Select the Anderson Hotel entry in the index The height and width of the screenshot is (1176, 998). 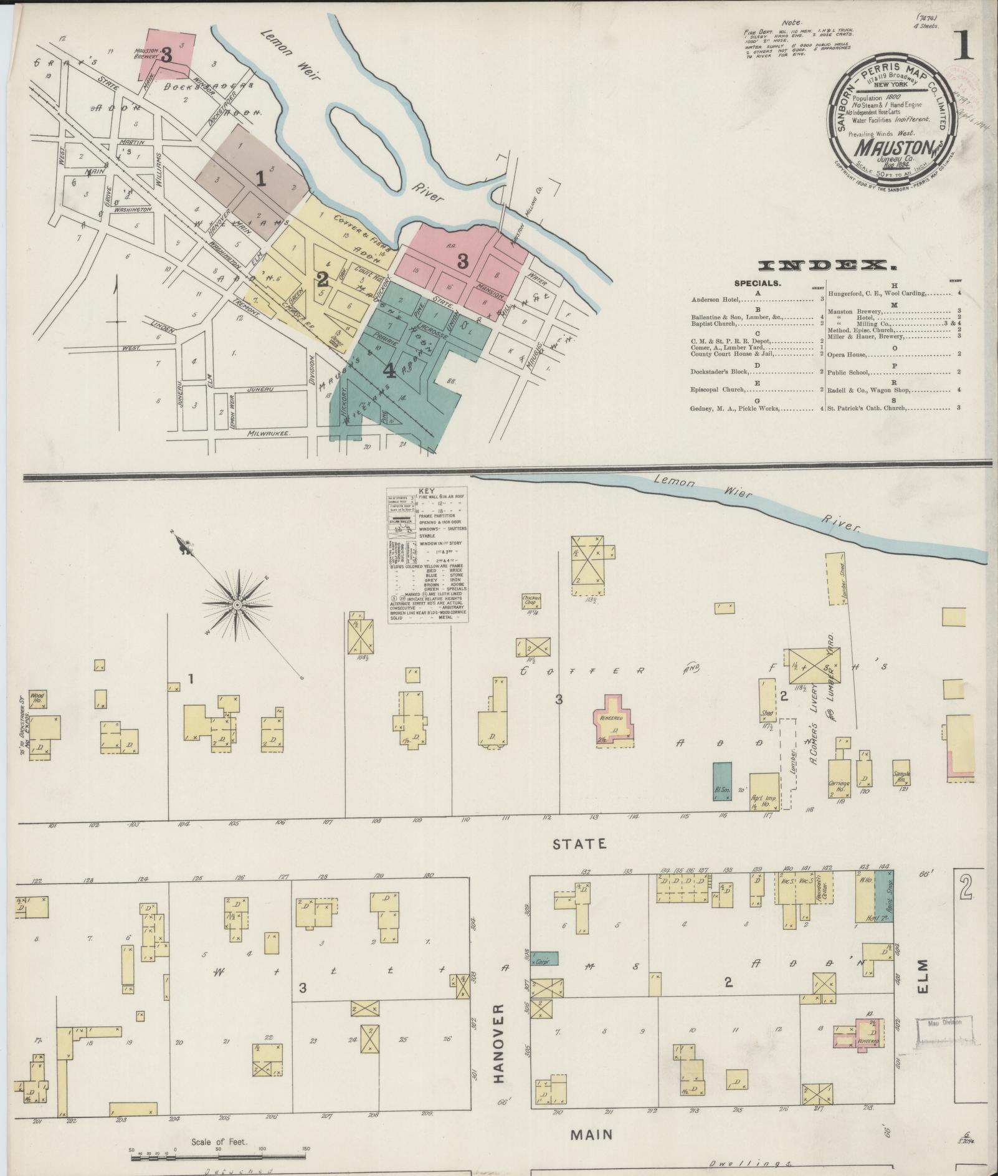click(715, 300)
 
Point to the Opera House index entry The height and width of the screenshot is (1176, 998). click(847, 354)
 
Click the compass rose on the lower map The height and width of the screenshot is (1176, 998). click(237, 605)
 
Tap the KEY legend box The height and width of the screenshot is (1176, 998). click(427, 555)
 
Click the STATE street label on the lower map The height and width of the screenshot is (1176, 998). click(579, 844)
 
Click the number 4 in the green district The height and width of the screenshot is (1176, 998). click(389, 371)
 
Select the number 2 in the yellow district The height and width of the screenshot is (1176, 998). click(322, 278)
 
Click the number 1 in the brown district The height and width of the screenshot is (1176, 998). click(260, 179)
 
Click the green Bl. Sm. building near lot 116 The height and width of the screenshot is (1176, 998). click(721, 781)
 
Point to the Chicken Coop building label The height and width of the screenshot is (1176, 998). click(531, 600)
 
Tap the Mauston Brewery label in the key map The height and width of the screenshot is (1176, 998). click(147, 53)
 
